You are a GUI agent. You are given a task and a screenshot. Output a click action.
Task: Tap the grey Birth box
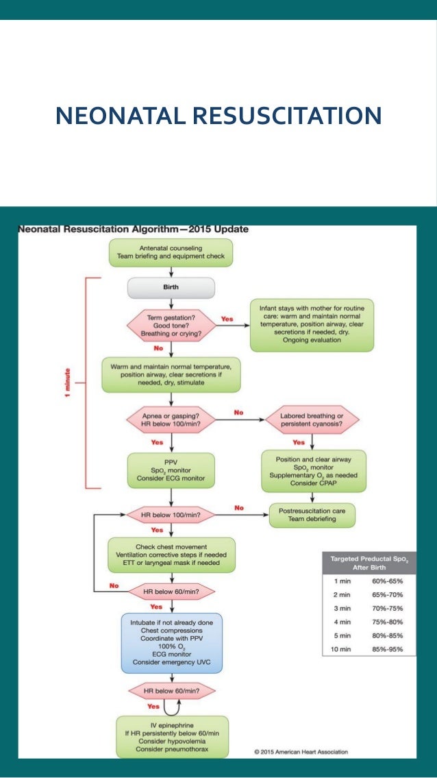(171, 287)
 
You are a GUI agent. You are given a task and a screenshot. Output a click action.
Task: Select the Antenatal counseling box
(171, 252)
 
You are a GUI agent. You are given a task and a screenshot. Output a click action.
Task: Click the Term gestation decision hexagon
(171, 325)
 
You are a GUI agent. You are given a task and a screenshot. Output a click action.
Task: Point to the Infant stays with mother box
(312, 325)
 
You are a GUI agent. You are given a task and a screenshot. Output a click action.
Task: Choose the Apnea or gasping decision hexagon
(171, 419)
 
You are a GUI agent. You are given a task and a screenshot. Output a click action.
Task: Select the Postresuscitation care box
(312, 515)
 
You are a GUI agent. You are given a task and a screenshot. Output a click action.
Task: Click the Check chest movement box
(171, 554)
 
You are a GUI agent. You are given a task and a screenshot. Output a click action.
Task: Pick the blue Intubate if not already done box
(171, 642)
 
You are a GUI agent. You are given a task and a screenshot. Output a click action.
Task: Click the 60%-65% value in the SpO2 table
(386, 581)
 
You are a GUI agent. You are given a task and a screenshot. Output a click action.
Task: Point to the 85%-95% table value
(386, 648)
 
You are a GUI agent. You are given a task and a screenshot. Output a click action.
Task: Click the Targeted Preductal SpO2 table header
(369, 563)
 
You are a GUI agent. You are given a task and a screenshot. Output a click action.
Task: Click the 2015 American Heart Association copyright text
(301, 751)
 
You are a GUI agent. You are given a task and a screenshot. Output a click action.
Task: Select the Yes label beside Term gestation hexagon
(227, 319)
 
